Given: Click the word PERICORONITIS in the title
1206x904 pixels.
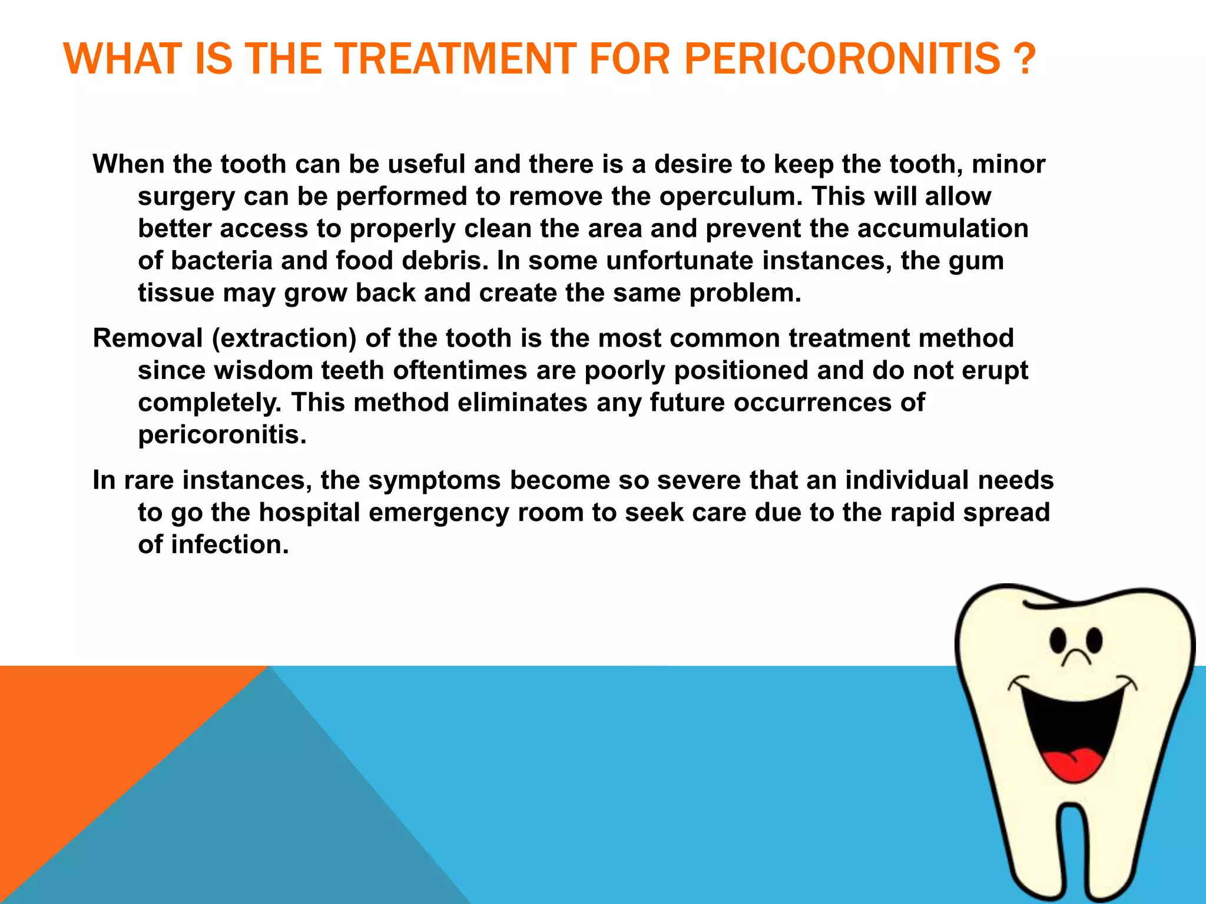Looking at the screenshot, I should (842, 59).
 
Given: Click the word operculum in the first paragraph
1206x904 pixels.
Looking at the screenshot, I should (731, 197).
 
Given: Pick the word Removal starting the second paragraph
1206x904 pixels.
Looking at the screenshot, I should (148, 338).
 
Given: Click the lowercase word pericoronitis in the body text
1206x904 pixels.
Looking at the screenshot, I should (222, 436).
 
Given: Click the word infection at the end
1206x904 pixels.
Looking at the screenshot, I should (230, 545).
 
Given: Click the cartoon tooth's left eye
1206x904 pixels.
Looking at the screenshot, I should (1058, 640).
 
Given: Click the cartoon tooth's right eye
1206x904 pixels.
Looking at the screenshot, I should (1095, 639).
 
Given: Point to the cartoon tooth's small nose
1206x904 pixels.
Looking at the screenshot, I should (1076, 657).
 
